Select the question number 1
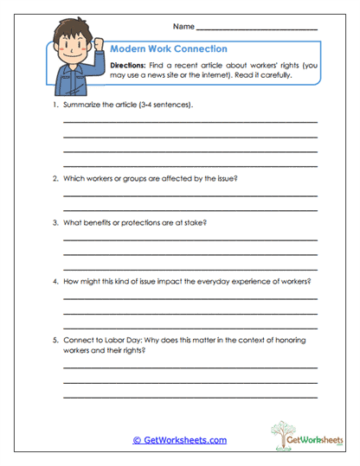click(54, 105)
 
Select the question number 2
click(54, 179)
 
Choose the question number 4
click(54, 282)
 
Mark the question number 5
click(54, 340)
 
